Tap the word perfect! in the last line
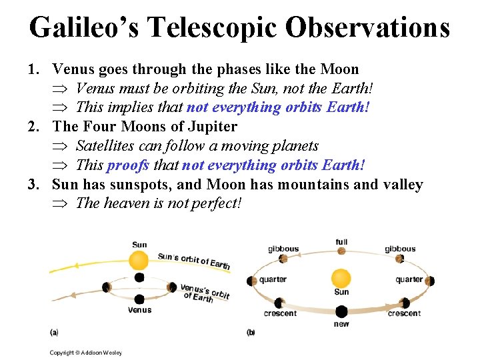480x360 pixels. tap(215, 203)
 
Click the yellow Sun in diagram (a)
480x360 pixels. tap(139, 259)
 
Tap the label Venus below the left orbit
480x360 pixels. tap(139, 310)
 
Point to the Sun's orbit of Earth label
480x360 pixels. tap(194, 261)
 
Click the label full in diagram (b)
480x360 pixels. tap(341, 242)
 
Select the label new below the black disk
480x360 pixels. tap(341, 324)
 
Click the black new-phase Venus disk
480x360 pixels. tap(341, 311)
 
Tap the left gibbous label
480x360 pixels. tap(283, 249)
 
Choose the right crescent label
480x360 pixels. tap(403, 313)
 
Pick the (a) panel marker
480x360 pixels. tap(54, 331)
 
